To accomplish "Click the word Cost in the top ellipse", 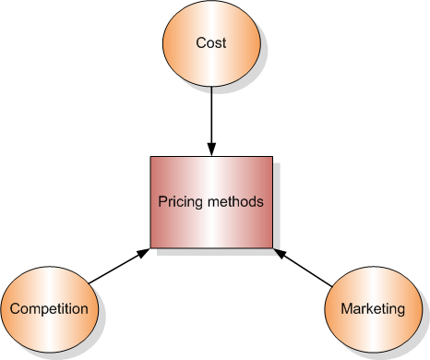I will (211, 43).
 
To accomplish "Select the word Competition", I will (51, 308).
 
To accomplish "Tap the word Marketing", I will (372, 308).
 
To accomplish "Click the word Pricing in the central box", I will (178, 202).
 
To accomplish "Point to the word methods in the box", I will (235, 202).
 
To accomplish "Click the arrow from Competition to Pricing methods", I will (119, 266).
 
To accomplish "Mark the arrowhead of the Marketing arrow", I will (278, 251).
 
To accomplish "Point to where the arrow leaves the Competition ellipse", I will (90, 282).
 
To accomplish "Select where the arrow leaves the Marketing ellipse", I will (332, 282).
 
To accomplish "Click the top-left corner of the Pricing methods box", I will (151, 157).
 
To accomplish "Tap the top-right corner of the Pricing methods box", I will (272, 157).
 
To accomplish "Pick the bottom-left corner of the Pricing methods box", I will (151, 246).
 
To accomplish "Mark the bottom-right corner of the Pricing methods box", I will (272, 246).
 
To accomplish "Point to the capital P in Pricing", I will (161, 202).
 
